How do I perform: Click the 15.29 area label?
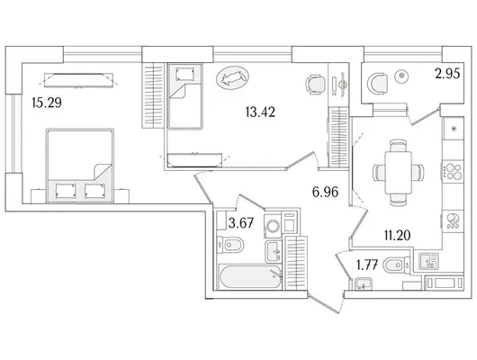coord(47,103)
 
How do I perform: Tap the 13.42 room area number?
coord(260,112)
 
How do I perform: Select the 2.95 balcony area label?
coord(447,74)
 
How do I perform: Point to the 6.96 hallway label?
coord(325,192)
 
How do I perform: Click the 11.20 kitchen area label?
coord(397,235)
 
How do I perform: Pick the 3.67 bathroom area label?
coord(241,223)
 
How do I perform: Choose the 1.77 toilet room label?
coord(367,265)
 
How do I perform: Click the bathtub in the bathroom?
coord(250,276)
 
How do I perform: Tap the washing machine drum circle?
coord(273,226)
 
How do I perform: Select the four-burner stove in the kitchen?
coord(453,171)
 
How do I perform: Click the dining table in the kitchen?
coord(398,172)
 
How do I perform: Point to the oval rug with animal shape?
coord(232,77)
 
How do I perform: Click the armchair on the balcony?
coord(377,84)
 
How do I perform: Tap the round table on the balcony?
coord(402,76)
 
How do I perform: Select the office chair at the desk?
coord(315,85)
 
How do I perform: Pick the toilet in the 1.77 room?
coord(396,265)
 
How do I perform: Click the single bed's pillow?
coord(185,74)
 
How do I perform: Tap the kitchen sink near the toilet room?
coord(428,261)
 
